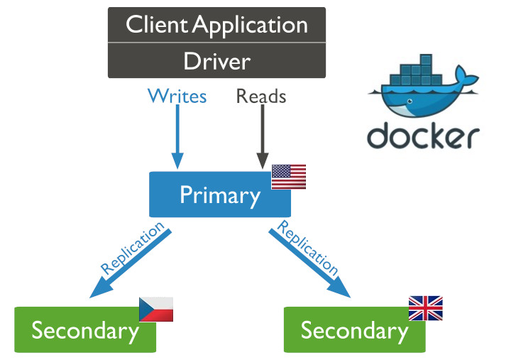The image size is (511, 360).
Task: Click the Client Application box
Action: (x=216, y=25)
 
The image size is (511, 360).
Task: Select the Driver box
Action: (x=216, y=60)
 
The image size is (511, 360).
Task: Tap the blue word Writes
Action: (x=177, y=96)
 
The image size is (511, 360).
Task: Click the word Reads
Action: (x=261, y=96)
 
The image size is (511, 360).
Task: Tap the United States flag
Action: (x=289, y=177)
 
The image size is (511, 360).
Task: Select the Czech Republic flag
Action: (x=156, y=310)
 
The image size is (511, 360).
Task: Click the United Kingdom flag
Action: (x=425, y=308)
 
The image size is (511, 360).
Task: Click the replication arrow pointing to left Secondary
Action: (x=128, y=266)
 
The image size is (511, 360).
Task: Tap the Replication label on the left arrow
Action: (x=133, y=248)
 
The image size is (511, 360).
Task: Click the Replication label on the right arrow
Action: (x=307, y=246)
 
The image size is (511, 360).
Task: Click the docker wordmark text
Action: (x=424, y=135)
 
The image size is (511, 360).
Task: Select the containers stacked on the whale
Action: (x=415, y=75)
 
